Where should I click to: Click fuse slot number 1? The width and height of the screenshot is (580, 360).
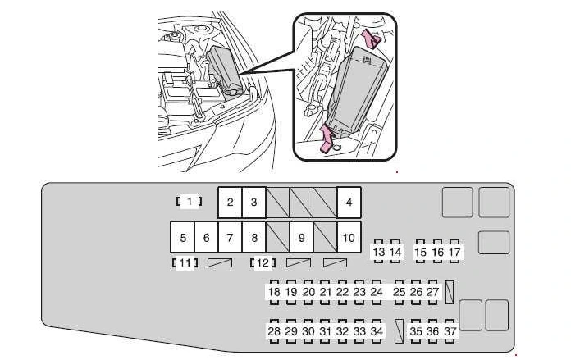(189, 201)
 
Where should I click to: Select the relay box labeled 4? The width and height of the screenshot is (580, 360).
(349, 202)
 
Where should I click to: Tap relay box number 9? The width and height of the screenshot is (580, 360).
(302, 238)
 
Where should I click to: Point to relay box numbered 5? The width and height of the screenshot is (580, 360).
(183, 238)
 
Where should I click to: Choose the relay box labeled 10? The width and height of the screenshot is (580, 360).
(349, 238)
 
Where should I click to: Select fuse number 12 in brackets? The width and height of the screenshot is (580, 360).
(263, 263)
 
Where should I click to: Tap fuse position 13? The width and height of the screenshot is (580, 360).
(378, 252)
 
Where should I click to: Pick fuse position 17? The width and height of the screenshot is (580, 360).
(454, 252)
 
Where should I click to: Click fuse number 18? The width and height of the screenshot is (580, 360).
(274, 291)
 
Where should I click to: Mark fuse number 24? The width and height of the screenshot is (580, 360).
(377, 291)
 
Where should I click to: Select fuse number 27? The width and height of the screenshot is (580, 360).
(432, 291)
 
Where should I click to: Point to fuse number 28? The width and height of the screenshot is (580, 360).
(274, 330)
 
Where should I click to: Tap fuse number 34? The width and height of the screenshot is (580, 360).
(377, 330)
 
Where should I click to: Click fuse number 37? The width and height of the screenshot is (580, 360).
(450, 330)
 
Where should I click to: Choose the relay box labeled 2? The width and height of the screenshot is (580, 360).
(231, 202)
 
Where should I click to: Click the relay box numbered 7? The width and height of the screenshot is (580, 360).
(231, 238)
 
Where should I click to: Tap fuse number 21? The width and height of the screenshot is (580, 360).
(326, 291)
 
